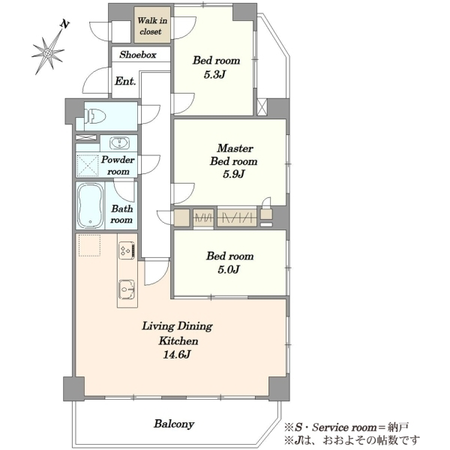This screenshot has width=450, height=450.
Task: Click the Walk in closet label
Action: pos(152,25)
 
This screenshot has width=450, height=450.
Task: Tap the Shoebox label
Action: pos(138,55)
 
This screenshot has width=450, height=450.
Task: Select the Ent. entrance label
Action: pos(125,81)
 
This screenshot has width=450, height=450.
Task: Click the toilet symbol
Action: pos(95,116)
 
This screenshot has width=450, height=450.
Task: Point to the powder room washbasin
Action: pos(119,143)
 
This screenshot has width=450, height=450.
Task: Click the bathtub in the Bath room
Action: pos(91,205)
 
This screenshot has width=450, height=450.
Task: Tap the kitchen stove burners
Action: pos(127,250)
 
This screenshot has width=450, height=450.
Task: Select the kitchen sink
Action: pos(127,289)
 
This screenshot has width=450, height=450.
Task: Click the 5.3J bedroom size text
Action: pos(214,74)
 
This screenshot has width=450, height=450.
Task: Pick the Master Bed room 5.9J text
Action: pos(234,161)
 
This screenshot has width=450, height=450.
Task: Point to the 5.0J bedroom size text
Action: pos(229,270)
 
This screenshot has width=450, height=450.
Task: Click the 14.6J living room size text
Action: pos(177,355)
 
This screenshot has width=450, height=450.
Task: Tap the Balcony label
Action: pos(174,424)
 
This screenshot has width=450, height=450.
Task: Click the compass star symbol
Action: pos(48,52)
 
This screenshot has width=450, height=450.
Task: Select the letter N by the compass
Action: pos(65,25)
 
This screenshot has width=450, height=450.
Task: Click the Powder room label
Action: pos(118,166)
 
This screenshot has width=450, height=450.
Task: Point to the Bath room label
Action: pos(121,214)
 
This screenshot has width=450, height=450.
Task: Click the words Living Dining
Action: pos(177,326)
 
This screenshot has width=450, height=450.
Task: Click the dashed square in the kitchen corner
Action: pos(89,245)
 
